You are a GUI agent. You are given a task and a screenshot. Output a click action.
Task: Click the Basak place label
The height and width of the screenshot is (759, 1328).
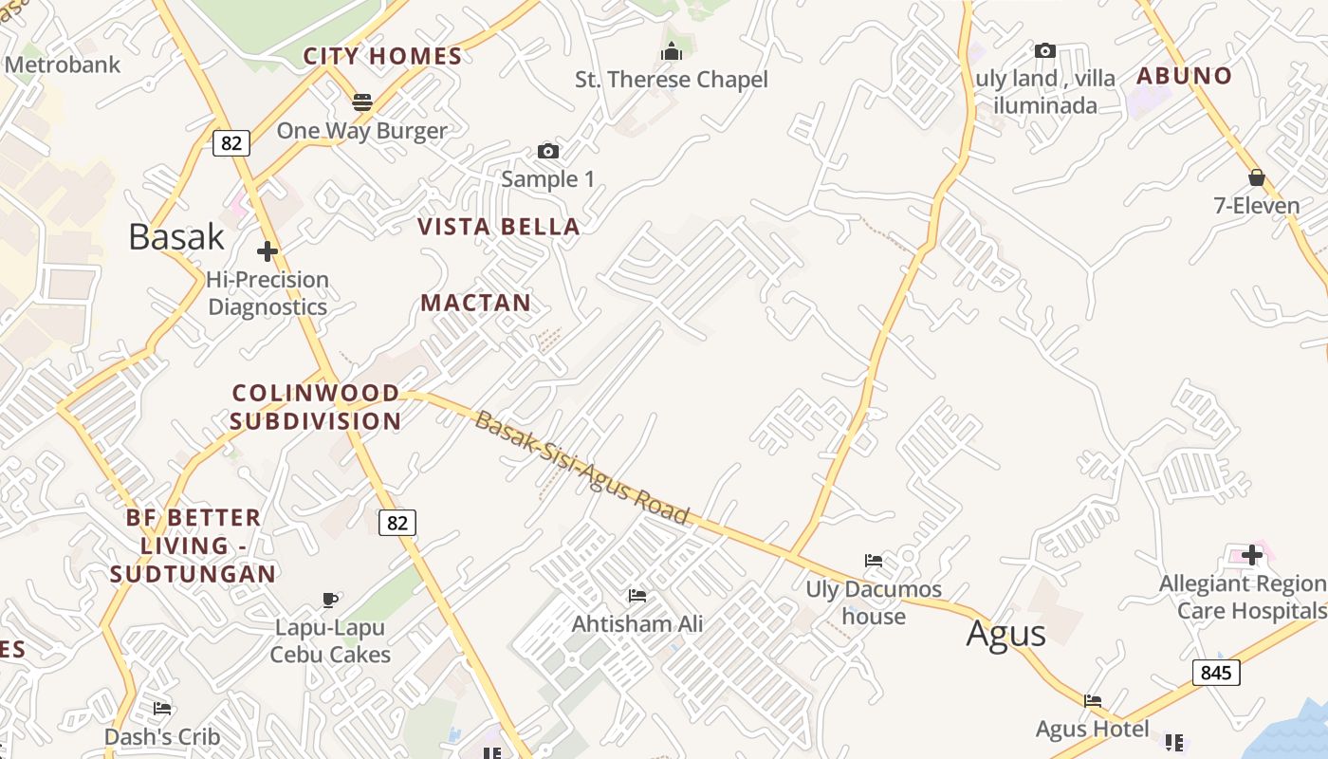coord(176,236)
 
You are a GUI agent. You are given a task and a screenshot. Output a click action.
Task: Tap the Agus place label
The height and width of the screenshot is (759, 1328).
coord(1005,633)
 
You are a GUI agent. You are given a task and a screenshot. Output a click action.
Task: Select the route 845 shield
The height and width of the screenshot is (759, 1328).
coord(1215,673)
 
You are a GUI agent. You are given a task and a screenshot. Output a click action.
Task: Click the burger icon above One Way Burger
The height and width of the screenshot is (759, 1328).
coord(362,102)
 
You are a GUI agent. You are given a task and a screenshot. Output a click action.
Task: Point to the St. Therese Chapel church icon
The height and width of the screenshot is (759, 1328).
coord(672,51)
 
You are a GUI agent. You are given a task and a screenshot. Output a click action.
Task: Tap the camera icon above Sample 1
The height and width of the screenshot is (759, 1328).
coord(547,151)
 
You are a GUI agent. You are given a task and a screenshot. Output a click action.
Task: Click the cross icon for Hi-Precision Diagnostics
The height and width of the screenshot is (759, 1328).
coord(267,251)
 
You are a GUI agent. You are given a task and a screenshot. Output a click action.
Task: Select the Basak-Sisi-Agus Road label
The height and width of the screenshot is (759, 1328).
coord(581,468)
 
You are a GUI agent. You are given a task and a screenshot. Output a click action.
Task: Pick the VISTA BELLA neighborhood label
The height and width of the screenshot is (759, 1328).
coord(499,227)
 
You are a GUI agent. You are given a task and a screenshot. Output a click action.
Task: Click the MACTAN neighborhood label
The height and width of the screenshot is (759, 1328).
coord(476,303)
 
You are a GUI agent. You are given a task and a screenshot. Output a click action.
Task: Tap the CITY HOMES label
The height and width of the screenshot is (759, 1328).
coord(383,56)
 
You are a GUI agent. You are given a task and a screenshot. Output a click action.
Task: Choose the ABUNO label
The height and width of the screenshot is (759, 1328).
coord(1185,76)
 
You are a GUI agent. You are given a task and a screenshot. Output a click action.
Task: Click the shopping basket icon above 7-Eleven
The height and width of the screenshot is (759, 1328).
coord(1257,177)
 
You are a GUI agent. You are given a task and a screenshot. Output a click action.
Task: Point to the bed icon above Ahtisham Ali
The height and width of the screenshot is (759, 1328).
coord(637,596)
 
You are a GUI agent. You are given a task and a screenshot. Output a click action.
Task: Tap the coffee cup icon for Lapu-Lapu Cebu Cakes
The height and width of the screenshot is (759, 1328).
coord(330,600)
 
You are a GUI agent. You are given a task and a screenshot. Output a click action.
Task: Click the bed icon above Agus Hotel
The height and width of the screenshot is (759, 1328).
coord(1093,701)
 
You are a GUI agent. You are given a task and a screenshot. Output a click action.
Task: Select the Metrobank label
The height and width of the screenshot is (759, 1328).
coord(64,65)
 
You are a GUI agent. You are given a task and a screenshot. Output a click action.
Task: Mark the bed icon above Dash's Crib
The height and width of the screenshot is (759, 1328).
coord(162,709)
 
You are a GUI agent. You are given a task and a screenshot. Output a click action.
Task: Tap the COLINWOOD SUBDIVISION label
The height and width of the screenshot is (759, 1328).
coord(316,407)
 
